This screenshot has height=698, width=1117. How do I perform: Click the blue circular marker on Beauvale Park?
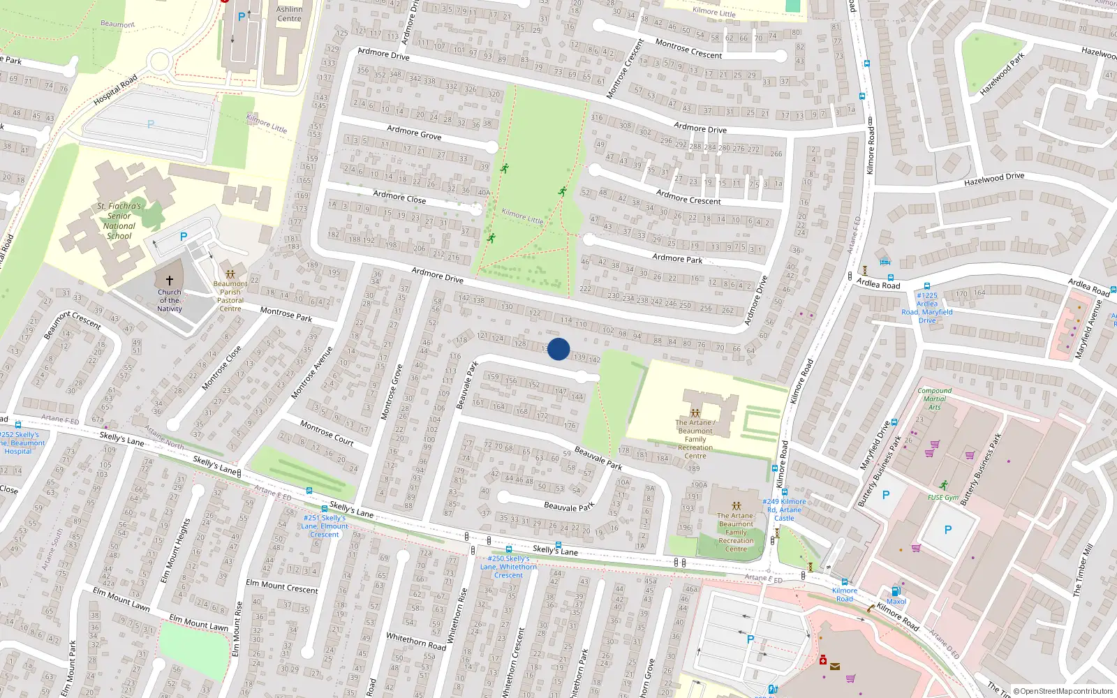coord(558,349)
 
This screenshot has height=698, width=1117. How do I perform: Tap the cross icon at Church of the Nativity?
coord(169,281)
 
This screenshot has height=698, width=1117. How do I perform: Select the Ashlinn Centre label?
coord(289,14)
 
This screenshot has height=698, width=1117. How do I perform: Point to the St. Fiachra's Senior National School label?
coord(119,221)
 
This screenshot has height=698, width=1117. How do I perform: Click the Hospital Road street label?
coord(116,91)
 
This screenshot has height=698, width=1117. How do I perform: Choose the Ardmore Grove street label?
coord(414,133)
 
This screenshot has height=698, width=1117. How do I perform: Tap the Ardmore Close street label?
coord(399,197)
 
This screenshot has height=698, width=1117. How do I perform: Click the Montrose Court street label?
coord(327,433)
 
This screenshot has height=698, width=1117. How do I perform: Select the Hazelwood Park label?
coord(1002,74)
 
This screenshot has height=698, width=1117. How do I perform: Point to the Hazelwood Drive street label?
coord(994,179)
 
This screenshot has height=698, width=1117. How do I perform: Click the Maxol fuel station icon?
coord(896,591)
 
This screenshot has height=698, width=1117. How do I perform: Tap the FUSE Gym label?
coord(943,497)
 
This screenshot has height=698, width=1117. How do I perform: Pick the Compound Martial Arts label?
coord(935,399)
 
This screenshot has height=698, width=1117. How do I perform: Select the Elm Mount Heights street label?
coord(175,551)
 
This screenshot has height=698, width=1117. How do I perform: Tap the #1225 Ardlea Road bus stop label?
coord(927,308)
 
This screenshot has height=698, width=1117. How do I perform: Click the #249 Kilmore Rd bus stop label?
coord(784,510)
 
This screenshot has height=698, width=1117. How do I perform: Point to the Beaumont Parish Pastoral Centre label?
coord(230,296)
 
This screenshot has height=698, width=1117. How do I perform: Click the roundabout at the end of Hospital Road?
coord(159,61)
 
